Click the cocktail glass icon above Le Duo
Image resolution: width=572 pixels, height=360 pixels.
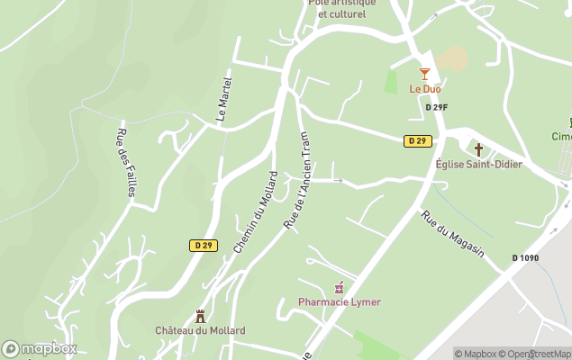coord(424,74)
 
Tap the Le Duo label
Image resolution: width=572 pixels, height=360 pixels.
coord(424,89)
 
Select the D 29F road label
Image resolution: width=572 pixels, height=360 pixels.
coord(436,108)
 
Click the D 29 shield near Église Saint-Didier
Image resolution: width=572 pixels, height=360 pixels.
coord(417,140)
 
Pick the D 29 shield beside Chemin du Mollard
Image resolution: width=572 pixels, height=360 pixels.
coord(203,245)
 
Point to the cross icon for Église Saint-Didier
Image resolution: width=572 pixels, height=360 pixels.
coord(478,149)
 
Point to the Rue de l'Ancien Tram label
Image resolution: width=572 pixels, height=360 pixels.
coord(296,180)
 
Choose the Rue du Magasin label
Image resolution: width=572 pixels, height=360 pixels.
coord(453,234)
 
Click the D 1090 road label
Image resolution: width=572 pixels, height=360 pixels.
coord(527,258)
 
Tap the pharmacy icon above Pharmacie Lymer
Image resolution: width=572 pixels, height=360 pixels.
coord(340,288)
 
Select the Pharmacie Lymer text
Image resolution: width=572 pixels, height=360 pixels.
coord(340,302)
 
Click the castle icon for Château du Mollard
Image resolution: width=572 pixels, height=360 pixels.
coord(200,316)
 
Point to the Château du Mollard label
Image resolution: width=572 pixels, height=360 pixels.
coord(200,330)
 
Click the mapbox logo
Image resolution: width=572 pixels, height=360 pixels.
coord(40,348)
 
